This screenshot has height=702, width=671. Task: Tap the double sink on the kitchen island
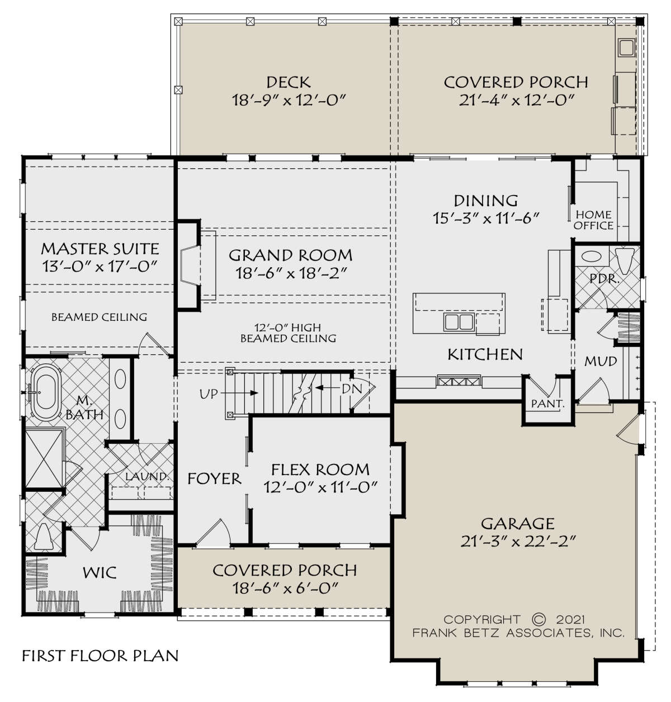459,322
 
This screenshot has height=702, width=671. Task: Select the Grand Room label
290,255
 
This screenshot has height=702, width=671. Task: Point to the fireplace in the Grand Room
189,265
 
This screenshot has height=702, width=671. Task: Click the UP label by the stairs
209,394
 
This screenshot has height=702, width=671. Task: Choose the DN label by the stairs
352,388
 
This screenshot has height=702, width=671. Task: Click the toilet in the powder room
624,261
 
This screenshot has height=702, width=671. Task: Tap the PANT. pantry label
547,404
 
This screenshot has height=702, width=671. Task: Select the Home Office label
593,220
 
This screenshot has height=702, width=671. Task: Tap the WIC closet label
100,572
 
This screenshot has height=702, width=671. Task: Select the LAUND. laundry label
147,476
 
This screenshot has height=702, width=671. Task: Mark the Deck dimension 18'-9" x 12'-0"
289,99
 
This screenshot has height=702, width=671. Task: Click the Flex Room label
320,469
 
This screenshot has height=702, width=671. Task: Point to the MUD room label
601,361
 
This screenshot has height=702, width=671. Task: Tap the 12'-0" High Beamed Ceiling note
289,333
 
